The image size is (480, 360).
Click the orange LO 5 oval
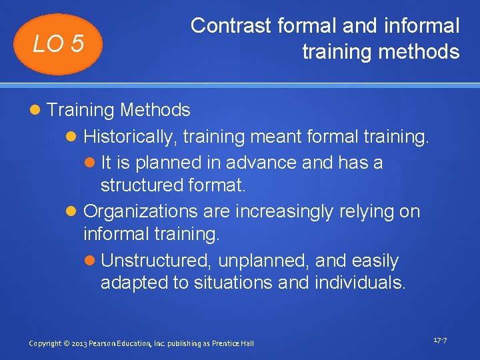[59, 44]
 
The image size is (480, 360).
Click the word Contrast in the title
[231, 26]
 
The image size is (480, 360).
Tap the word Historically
[130, 137]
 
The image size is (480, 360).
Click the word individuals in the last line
[361, 283]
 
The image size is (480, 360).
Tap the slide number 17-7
[440, 340]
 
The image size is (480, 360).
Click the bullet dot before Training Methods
[36, 111]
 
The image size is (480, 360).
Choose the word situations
[233, 283]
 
